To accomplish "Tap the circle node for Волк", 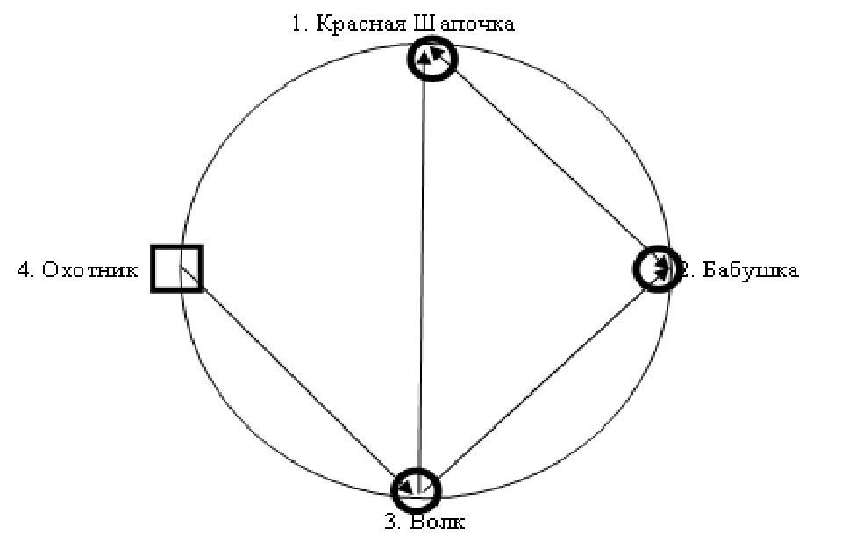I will coord(415,489).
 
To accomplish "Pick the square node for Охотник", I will coord(177,267).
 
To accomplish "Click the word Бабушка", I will coord(748,270).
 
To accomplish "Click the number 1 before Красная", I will coord(297,24).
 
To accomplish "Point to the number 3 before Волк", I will coord(390,523).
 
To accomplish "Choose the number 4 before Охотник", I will coord(24,270).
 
